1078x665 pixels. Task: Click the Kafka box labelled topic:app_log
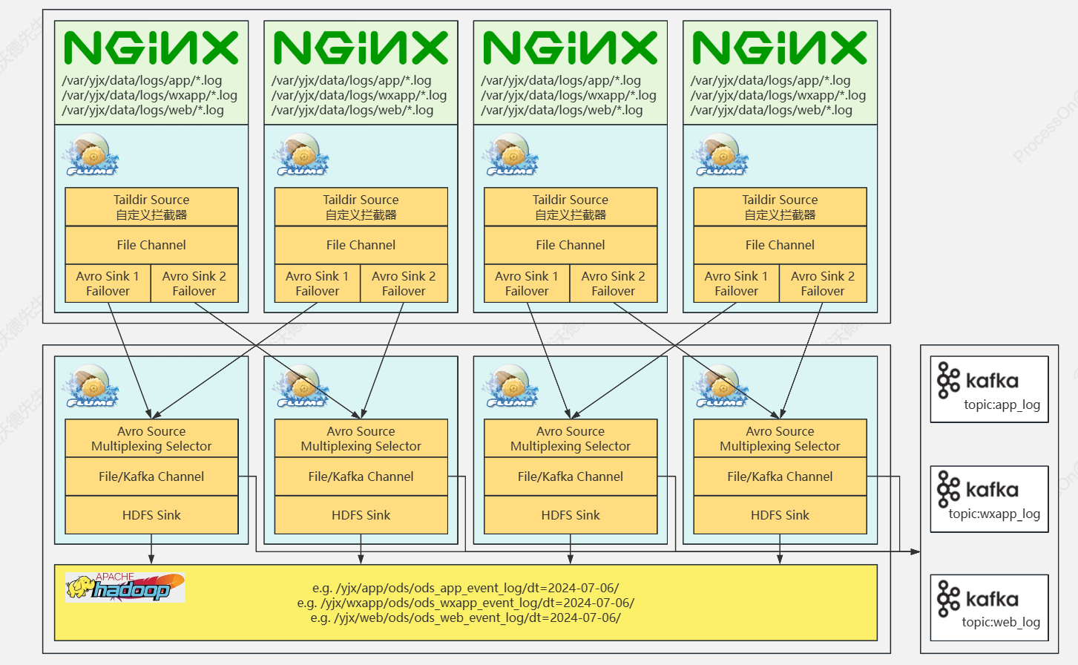pyautogui.click(x=989, y=389)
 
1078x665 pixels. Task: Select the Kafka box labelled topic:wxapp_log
pyautogui.click(x=989, y=499)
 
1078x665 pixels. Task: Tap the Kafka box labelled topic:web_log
pyautogui.click(x=989, y=607)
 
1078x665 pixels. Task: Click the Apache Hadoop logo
pyautogui.click(x=125, y=587)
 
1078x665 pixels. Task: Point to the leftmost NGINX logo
pyautogui.click(x=151, y=47)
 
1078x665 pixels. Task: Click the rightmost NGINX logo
pyautogui.click(x=780, y=47)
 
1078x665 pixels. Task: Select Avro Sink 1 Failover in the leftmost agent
pyautogui.click(x=108, y=284)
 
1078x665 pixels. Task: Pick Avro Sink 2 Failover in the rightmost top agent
pyautogui.click(x=823, y=284)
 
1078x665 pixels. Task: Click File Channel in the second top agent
pyautogui.click(x=361, y=245)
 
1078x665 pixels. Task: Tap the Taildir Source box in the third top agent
pyautogui.click(x=571, y=207)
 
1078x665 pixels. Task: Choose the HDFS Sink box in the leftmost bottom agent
pyautogui.click(x=151, y=515)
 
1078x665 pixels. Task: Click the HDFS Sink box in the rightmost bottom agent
pyautogui.click(x=780, y=515)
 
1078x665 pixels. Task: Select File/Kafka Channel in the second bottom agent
pyautogui.click(x=361, y=476)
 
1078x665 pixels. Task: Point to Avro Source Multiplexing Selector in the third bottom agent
pyautogui.click(x=571, y=439)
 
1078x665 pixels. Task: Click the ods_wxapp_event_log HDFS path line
pyautogui.click(x=466, y=603)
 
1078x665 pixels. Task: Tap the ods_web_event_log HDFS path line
pyautogui.click(x=466, y=617)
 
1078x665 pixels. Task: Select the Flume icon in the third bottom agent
pyautogui.click(x=510, y=386)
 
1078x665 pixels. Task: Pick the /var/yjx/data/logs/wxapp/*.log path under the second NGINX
pyautogui.click(x=359, y=95)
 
